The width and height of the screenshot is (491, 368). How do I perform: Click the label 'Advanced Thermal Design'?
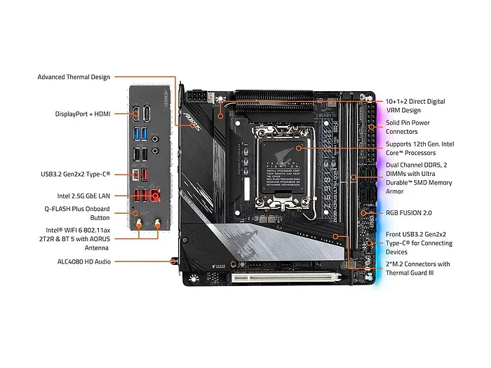74,77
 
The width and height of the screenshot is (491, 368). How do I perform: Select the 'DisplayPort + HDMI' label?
83,114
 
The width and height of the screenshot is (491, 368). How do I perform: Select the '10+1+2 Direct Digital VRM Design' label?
415,106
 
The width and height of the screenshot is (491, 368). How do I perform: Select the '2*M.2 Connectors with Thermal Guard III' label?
418,268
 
